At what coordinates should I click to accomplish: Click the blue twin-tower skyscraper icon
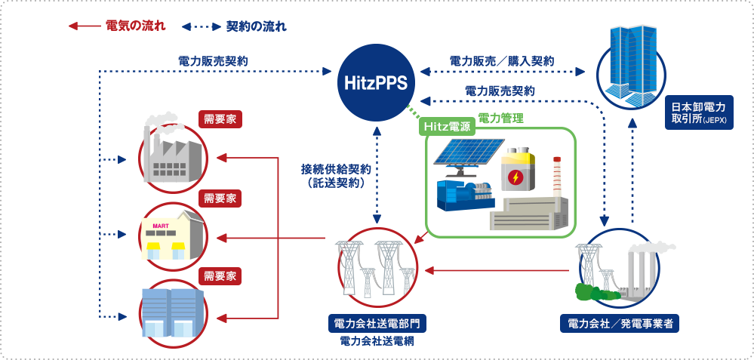click(x=633, y=64)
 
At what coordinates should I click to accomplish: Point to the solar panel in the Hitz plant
click(x=462, y=154)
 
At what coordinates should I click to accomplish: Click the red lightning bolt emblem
click(x=515, y=178)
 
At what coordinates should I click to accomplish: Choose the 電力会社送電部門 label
click(x=377, y=324)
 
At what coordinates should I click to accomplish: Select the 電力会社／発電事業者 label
click(x=620, y=324)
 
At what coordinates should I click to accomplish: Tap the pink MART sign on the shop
click(x=160, y=225)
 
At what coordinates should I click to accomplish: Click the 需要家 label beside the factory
click(x=220, y=118)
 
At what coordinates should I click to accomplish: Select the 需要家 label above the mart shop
click(x=220, y=198)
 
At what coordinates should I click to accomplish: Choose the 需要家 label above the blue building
click(x=220, y=275)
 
